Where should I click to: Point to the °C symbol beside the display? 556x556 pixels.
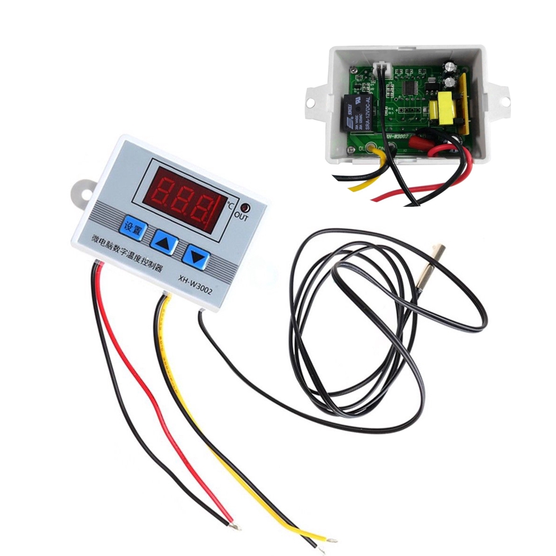[x=230, y=204]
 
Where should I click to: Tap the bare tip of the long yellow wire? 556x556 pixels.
[x=332, y=538]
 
